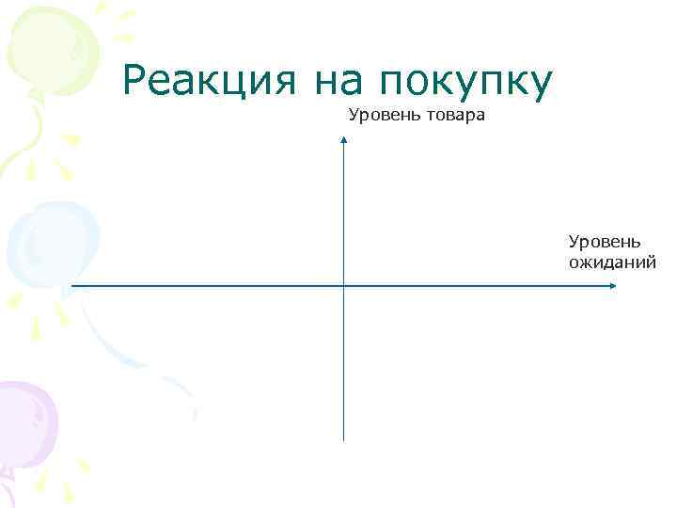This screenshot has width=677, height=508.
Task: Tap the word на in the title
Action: (x=342, y=82)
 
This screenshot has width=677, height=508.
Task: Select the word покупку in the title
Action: (x=464, y=84)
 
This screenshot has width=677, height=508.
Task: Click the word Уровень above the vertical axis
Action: (x=381, y=116)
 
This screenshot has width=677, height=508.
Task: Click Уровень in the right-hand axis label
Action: (x=605, y=243)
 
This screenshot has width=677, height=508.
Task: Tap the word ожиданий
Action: (x=611, y=262)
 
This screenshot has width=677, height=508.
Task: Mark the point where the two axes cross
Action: (x=344, y=286)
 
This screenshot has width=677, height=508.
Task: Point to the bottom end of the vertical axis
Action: (x=344, y=439)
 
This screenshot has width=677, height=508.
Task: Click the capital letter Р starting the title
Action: (x=135, y=82)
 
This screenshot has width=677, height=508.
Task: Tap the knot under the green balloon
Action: (x=37, y=94)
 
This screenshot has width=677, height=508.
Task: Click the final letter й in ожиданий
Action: (x=650, y=261)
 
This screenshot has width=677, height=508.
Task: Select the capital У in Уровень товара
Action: (x=354, y=116)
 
